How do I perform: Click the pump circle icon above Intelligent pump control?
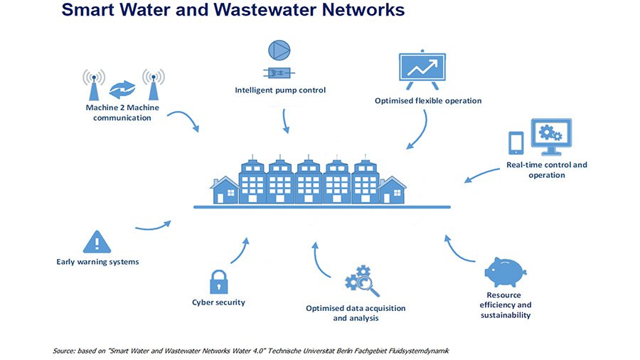[x=279, y=51]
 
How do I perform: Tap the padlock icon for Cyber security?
[x=219, y=282]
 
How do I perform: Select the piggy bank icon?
[x=506, y=272]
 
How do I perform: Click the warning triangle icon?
[x=97, y=242]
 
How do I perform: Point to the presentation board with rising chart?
[x=422, y=70]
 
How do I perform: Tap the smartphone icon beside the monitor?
[x=516, y=143]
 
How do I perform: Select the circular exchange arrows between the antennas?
[x=122, y=90]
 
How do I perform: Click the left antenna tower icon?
[x=94, y=85]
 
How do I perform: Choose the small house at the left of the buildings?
[x=224, y=190]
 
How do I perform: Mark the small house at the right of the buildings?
[x=392, y=190]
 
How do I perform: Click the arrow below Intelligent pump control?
[x=285, y=121]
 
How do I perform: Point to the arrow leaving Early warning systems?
[x=153, y=227]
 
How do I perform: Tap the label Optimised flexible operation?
[x=428, y=101]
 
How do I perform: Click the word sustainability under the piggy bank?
[x=506, y=315]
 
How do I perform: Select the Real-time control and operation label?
[x=547, y=170]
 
